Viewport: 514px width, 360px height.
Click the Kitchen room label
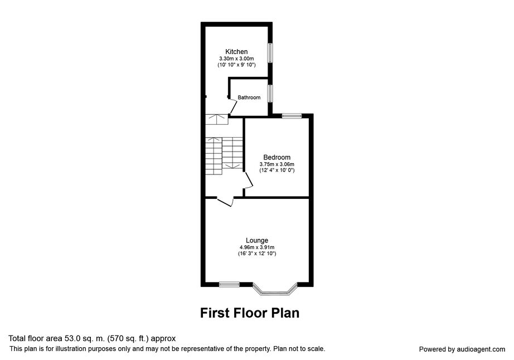click(236, 51)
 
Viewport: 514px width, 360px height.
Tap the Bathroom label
click(249, 98)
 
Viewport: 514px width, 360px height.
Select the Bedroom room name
click(277, 157)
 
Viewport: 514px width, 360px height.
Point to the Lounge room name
click(257, 240)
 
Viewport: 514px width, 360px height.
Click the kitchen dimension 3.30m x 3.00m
click(236, 59)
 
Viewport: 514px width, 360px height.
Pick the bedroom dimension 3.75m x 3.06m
click(277, 164)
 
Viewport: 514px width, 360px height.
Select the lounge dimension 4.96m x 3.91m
click(257, 247)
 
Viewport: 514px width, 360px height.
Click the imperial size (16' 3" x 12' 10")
click(257, 254)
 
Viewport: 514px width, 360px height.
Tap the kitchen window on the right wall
click(270, 53)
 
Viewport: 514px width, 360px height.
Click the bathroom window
click(270, 94)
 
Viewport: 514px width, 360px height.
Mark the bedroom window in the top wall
click(292, 115)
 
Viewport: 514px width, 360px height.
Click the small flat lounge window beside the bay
click(229, 284)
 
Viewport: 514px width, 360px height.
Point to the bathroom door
click(233, 107)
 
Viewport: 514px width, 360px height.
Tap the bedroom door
click(249, 180)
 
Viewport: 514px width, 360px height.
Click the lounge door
click(225, 202)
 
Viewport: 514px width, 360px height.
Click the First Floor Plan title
click(250, 313)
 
